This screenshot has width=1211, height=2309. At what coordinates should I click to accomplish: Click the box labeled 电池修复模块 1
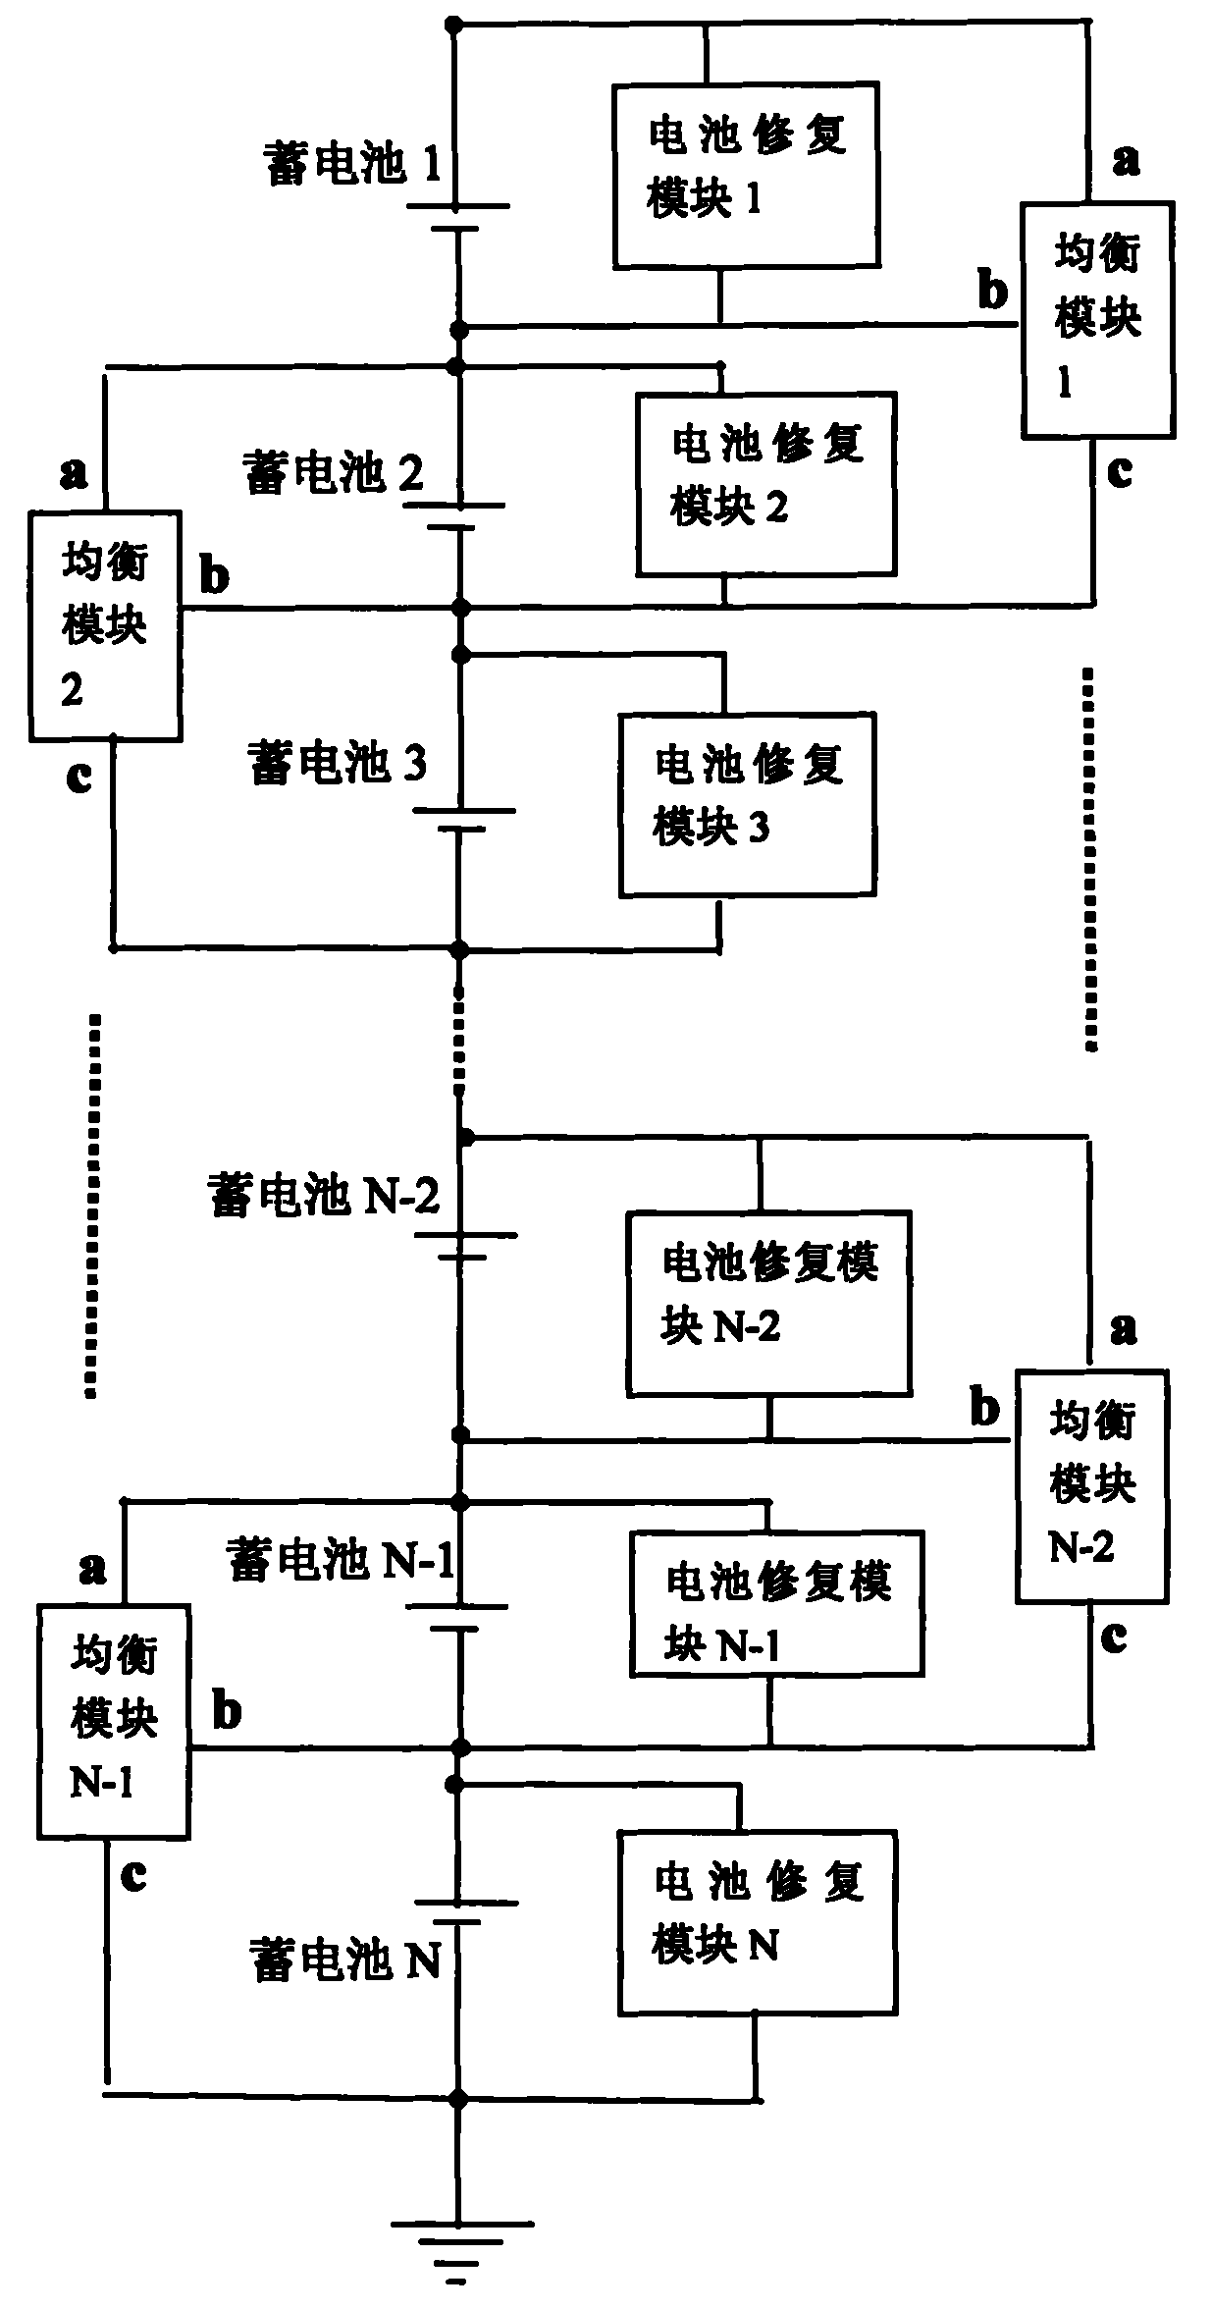pos(746,175)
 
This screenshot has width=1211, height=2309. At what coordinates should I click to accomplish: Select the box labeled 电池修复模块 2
pos(765,483)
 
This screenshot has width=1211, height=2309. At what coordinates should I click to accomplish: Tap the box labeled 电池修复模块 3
pos(747,804)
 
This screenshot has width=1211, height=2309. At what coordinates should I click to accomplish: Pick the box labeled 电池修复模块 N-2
pos(768,1303)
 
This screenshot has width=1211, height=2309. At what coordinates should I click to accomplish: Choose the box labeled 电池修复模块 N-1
pos(776,1603)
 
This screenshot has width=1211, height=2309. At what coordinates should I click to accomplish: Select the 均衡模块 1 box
pos(1097,319)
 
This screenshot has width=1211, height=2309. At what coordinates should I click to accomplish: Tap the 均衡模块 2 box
pos(104,624)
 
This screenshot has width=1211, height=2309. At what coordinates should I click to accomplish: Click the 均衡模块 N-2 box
pos(1091,1486)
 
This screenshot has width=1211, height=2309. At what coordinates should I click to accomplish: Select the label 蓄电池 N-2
pos(324,1196)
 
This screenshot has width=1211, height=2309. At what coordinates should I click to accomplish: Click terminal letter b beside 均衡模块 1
pos(992,292)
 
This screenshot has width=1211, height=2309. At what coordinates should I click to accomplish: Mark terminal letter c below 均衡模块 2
pos(79,777)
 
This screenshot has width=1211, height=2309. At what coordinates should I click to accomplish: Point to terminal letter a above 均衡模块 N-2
pos(1124,1329)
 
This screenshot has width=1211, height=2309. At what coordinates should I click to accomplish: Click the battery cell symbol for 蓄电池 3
pos(461,820)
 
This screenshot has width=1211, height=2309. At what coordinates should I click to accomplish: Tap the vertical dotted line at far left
pos(92,1206)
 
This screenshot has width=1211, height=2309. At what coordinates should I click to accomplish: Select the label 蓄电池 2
pos(334,473)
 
